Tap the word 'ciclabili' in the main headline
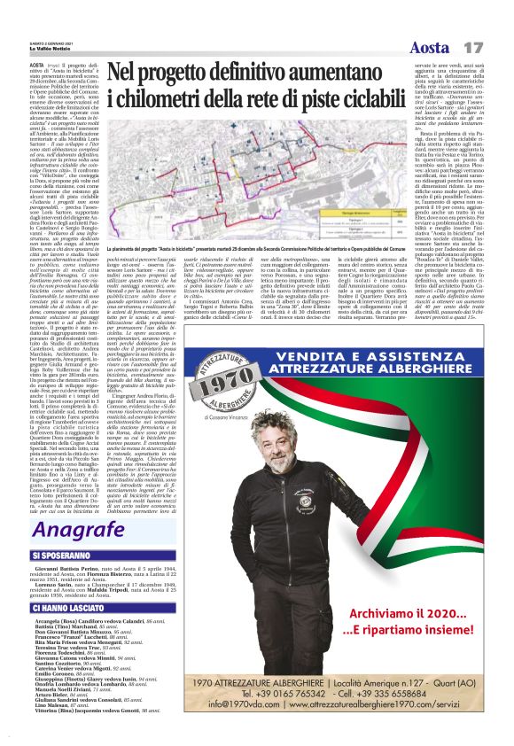348,99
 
